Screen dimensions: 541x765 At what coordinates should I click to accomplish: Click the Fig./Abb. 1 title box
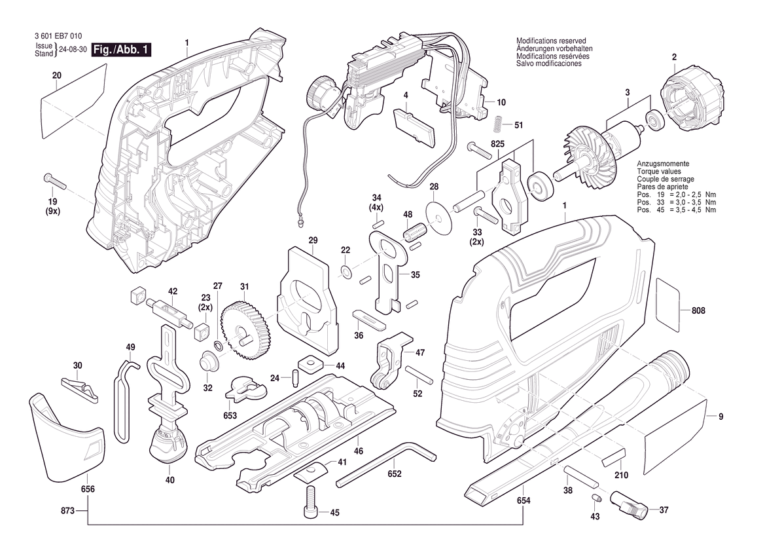click(x=122, y=50)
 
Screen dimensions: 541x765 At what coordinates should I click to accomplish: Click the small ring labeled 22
click(x=346, y=270)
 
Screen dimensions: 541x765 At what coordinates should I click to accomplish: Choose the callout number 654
click(x=524, y=500)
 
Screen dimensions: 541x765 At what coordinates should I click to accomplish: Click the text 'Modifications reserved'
click(x=550, y=41)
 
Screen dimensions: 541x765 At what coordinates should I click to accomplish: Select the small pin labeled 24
click(x=295, y=377)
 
